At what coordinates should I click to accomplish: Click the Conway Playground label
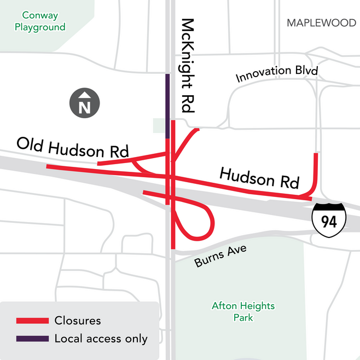40,21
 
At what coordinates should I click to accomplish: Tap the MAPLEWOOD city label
321,23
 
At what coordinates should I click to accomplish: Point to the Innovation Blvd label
277,73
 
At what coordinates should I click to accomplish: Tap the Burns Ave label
220,256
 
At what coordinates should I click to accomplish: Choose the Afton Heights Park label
243,311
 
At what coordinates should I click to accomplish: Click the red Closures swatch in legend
32,321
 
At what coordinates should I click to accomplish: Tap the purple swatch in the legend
32,339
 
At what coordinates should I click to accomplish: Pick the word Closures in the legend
78,321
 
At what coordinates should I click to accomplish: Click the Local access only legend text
101,339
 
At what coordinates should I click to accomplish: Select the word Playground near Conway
40,27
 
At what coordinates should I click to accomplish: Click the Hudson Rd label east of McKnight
259,178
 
